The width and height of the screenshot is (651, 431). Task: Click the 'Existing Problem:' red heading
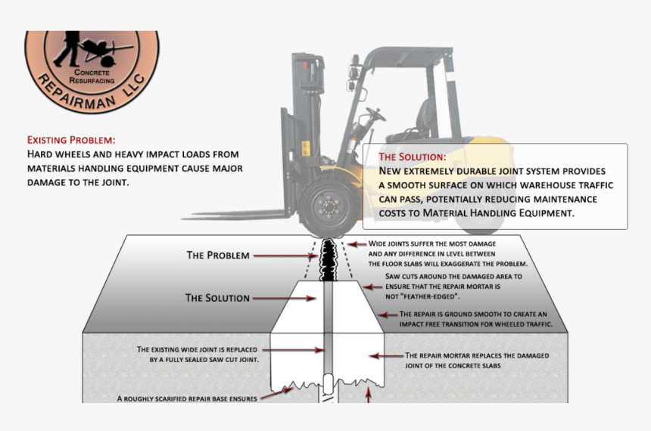(71, 140)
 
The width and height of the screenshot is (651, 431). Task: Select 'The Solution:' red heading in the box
(413, 157)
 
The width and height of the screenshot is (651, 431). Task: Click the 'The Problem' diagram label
(218, 256)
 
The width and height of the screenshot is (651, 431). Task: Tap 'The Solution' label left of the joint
(217, 298)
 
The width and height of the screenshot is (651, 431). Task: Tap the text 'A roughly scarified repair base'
(187, 398)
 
